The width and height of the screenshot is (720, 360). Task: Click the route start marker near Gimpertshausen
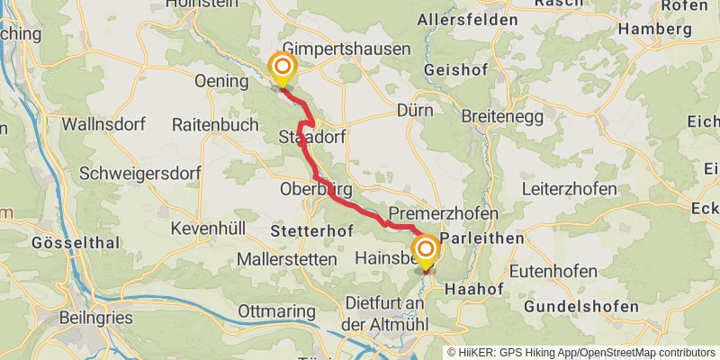(x=283, y=66)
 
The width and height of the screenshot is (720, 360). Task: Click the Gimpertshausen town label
(x=346, y=49)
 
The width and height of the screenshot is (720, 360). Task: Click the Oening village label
(x=220, y=81)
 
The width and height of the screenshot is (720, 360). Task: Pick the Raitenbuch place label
(x=214, y=124)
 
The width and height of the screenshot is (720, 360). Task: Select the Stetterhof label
(x=310, y=231)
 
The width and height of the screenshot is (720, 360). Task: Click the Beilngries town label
(x=95, y=318)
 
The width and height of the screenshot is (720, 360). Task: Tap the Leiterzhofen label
(x=570, y=189)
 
